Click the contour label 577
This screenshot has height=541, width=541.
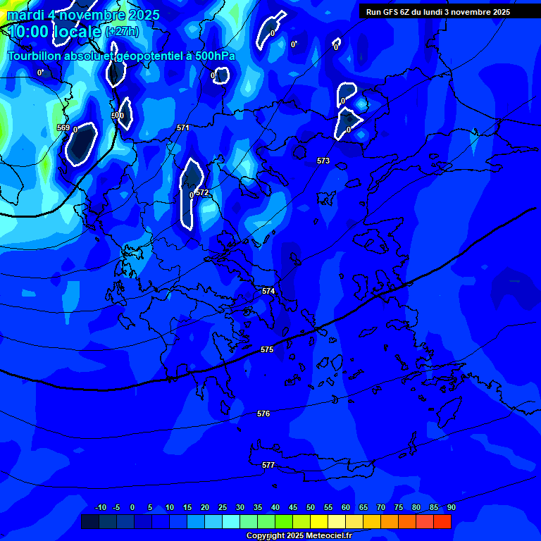click(268, 465)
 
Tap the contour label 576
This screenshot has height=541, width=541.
click(263, 413)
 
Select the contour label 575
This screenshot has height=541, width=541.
click(267, 349)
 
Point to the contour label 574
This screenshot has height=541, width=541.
click(268, 291)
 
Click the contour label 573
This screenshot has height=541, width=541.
click(323, 161)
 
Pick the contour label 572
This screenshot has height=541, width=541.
click(203, 192)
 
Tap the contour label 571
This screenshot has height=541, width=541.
click(183, 128)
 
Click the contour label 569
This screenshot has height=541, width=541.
click(63, 128)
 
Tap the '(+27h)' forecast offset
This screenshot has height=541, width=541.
click(122, 32)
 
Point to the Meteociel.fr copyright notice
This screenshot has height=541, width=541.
click(299, 535)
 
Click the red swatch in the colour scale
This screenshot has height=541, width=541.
click(442, 522)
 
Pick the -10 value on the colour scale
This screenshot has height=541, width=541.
click(101, 507)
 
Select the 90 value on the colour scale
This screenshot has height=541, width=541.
click(451, 507)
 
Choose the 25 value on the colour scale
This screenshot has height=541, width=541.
click(223, 507)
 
